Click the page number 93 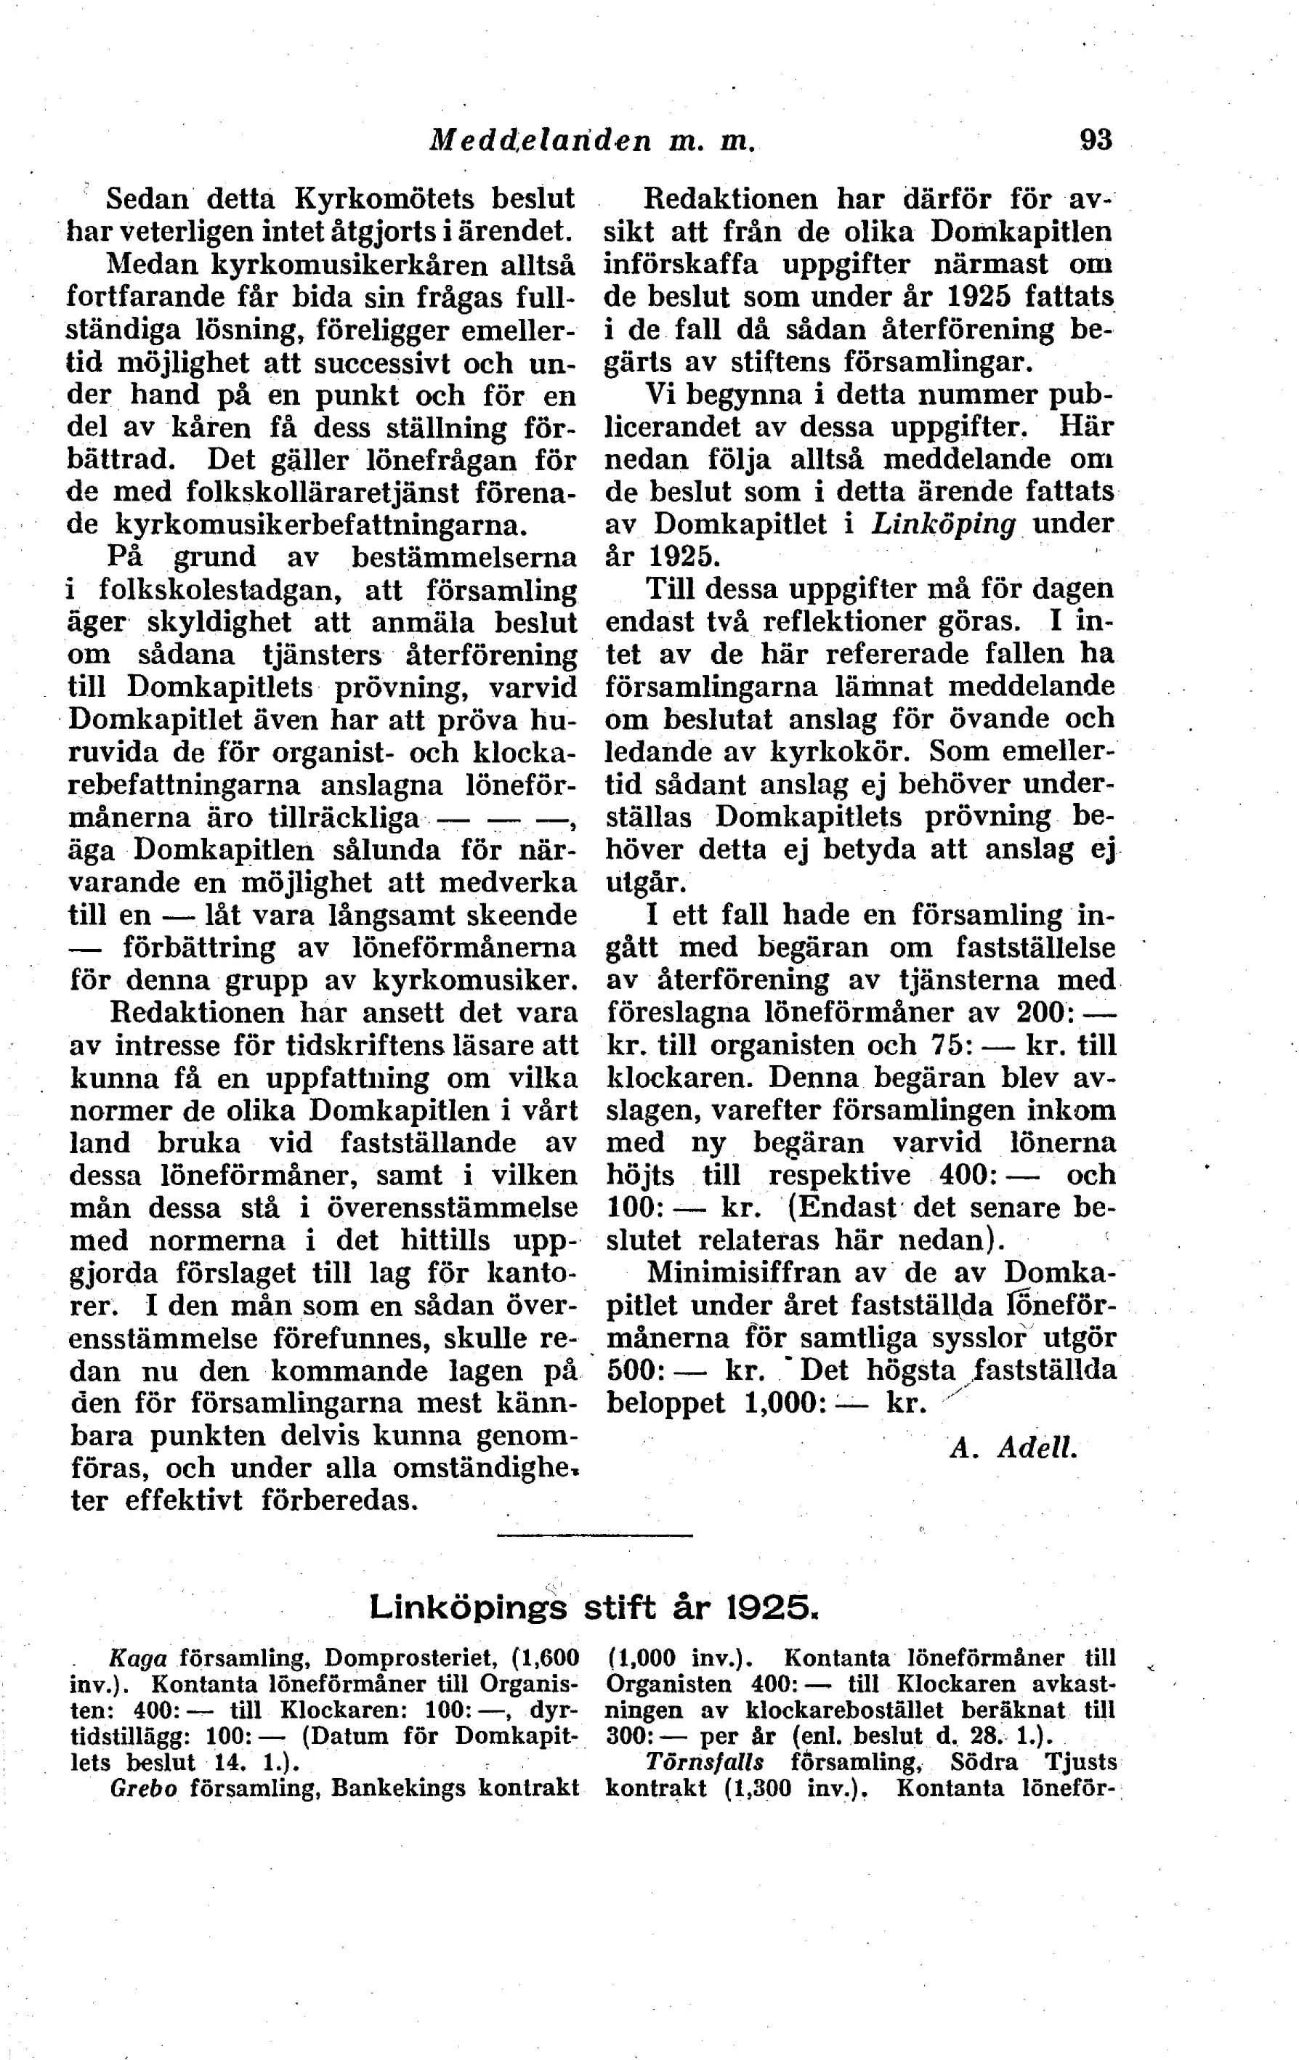(x=1096, y=139)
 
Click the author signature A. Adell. (x=1013, y=1447)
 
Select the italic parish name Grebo (x=143, y=1789)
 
